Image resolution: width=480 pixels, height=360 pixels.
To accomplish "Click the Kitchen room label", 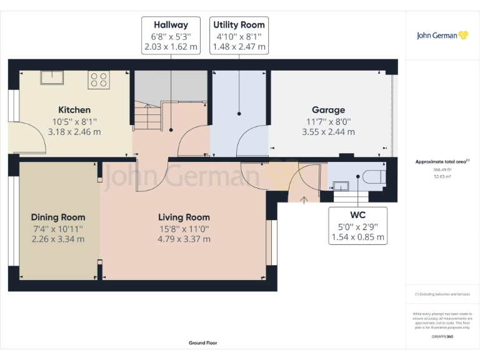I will tap(74, 110).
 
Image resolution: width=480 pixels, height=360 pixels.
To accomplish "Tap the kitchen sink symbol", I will tap(52, 77).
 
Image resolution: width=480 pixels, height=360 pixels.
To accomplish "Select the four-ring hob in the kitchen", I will tap(99, 79).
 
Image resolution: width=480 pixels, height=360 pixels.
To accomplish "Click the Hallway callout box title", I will tap(171, 25).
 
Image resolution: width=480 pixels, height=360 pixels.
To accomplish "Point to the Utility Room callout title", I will tap(239, 25).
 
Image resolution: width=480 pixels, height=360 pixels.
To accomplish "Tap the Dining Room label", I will tap(58, 217).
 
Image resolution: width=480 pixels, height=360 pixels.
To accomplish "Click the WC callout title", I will tap(359, 215).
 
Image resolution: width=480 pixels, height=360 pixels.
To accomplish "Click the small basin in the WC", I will tap(341, 185).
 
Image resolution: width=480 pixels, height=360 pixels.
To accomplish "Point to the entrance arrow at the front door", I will tap(304, 200).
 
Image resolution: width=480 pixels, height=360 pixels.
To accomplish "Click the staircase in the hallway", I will tap(147, 116).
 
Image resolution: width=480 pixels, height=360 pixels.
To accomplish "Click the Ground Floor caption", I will tap(203, 343).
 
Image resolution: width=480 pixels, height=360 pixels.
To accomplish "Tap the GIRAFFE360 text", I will tap(442, 337).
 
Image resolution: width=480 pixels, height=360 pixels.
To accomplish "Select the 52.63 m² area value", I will tap(442, 176).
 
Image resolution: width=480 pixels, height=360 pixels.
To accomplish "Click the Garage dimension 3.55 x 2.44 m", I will tap(328, 132).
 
